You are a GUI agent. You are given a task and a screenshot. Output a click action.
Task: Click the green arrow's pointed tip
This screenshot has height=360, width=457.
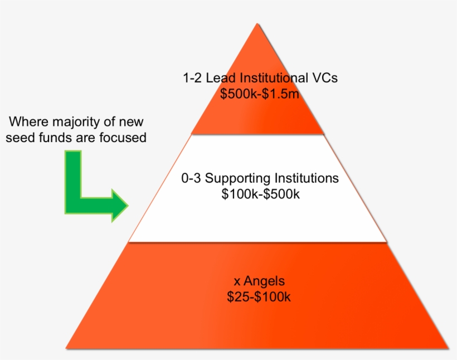128,205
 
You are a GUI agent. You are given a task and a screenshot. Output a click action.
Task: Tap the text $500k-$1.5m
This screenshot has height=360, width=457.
260,94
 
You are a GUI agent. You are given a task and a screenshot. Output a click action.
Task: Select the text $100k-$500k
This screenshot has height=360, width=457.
260,194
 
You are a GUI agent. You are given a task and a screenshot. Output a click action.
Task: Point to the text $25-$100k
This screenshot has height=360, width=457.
259,297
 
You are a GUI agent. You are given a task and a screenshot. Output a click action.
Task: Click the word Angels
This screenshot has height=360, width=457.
265,281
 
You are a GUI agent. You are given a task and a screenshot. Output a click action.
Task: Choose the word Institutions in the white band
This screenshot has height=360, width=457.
306,178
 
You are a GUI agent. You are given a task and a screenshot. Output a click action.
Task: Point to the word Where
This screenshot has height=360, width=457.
26,121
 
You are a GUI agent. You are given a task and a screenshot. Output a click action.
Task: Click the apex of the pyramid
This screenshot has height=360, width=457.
257,25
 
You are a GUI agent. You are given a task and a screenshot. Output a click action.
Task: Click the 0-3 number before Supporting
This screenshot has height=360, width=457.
191,179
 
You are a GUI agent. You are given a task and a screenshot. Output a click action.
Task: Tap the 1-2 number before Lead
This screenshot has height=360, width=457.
192,78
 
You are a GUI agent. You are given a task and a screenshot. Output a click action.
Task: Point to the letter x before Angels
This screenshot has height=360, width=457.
237,282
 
